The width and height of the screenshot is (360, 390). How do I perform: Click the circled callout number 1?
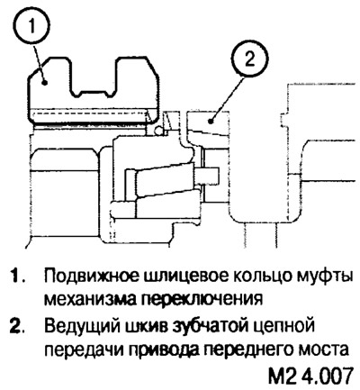tap(32, 25)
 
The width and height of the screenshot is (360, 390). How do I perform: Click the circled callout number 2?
tap(250, 59)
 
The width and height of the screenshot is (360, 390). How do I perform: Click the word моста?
tap(321, 349)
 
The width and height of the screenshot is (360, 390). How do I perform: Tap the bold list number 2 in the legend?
tap(15, 326)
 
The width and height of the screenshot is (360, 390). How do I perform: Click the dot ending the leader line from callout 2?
tap(211, 121)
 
